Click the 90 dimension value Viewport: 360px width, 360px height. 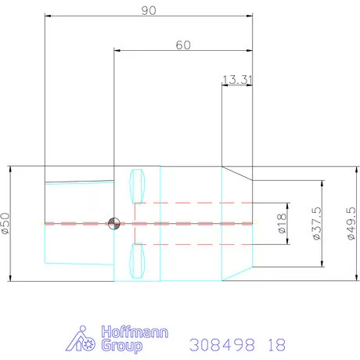click(149, 10)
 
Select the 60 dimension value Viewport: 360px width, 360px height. click(183, 45)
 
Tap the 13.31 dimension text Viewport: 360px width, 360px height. click(237, 80)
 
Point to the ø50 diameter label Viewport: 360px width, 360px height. click(5, 223)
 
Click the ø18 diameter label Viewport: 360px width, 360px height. click(282, 223)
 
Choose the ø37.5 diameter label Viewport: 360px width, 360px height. click(316, 224)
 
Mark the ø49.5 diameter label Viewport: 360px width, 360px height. click(351, 224)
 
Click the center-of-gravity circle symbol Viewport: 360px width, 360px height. click(114, 224)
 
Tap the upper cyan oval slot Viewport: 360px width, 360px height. click(137, 186)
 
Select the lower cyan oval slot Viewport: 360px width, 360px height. click(137, 261)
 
